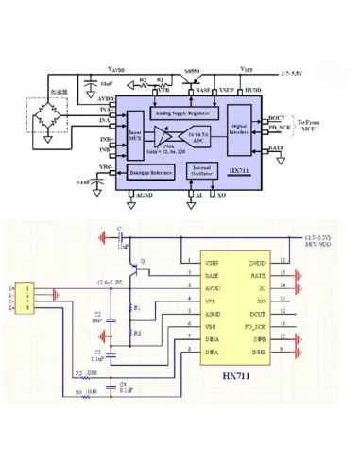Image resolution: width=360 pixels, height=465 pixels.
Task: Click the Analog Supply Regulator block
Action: point(181,111)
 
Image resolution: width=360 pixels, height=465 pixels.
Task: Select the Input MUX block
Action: point(135,142)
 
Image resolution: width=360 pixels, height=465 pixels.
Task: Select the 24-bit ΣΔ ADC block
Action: point(199,139)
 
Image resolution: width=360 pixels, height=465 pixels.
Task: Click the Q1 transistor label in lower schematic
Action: point(145,260)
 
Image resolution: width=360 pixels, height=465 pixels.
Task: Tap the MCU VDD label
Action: point(318,247)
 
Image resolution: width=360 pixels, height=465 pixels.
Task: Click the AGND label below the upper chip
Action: point(144,196)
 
